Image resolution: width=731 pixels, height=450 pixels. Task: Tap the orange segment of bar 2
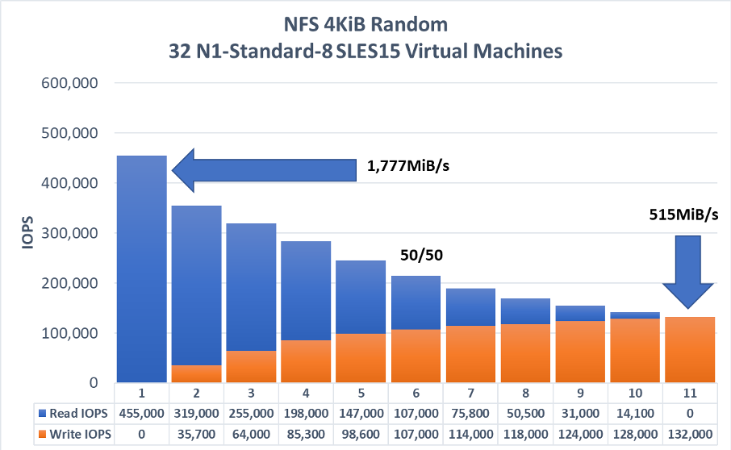(196, 373)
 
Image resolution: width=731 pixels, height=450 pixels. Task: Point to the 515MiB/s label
(683, 215)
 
